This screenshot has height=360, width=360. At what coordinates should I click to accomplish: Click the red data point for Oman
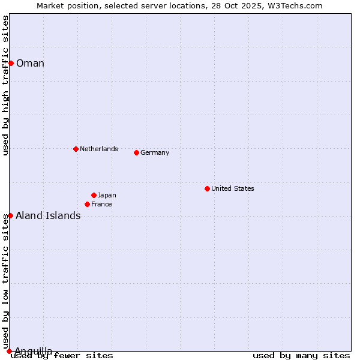pyautogui.click(x=11, y=63)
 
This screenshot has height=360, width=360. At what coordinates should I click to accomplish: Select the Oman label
pyautogui.click(x=30, y=64)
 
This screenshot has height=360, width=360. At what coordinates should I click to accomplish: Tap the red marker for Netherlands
pyautogui.click(x=76, y=149)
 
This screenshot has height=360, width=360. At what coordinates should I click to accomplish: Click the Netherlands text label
pyautogui.click(x=98, y=149)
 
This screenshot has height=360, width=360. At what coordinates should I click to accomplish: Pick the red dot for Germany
pyautogui.click(x=136, y=152)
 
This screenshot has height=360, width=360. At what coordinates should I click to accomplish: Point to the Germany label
pyautogui.click(x=155, y=152)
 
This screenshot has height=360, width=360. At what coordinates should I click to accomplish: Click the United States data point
pyautogui.click(x=207, y=188)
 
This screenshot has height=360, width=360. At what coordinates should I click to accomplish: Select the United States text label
pyautogui.click(x=232, y=188)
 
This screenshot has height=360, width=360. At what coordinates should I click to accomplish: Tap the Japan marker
pyautogui.click(x=94, y=195)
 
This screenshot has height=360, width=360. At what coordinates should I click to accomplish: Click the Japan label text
pyautogui.click(x=107, y=195)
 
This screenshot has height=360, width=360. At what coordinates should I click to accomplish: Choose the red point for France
pyautogui.click(x=87, y=204)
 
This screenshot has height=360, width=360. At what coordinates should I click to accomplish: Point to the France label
pyautogui.click(x=101, y=204)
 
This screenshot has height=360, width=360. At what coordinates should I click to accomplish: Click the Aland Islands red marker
pyautogui.click(x=10, y=215)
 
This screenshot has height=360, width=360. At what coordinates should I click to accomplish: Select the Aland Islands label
pyautogui.click(x=48, y=216)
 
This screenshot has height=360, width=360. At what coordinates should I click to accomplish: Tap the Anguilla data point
pyautogui.click(x=9, y=351)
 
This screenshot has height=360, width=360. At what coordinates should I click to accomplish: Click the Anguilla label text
pyautogui.click(x=33, y=351)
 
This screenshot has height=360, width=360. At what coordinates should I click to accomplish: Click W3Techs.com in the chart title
pyautogui.click(x=298, y=5)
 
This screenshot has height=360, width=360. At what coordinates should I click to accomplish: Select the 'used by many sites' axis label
pyautogui.click(x=301, y=356)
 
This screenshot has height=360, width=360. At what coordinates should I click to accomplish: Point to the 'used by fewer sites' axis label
pyautogui.click(x=62, y=356)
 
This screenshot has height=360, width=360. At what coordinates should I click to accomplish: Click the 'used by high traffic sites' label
pyautogui.click(x=6, y=85)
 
